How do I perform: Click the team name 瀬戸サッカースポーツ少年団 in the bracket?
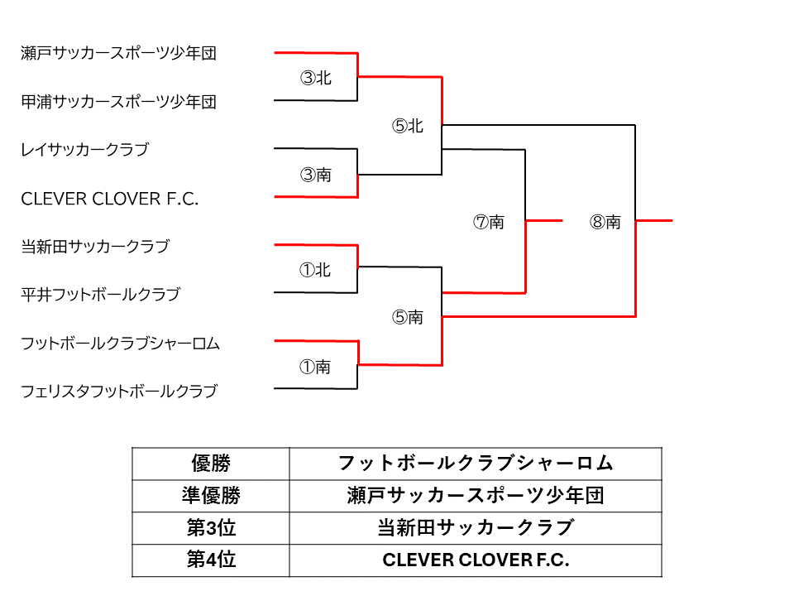tap(118, 54)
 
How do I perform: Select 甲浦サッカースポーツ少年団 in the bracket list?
tap(118, 102)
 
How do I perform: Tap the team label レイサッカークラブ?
tap(84, 150)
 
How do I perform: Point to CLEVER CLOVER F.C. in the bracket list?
tap(110, 199)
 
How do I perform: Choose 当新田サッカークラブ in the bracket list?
tap(94, 247)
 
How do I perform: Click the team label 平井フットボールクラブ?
tap(100, 295)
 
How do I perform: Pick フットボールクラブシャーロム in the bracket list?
tap(120, 344)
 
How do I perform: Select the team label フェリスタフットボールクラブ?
tap(118, 392)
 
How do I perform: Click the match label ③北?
tap(315, 78)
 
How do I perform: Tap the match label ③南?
tap(315, 175)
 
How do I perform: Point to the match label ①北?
tap(315, 270)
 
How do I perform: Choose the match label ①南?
tap(315, 367)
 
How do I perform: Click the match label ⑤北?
tap(407, 126)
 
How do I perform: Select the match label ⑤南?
tap(407, 317)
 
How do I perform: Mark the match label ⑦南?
tap(488, 222)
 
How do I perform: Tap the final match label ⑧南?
tap(605, 222)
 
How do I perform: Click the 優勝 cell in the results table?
tap(211, 464)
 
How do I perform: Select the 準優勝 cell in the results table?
tap(211, 496)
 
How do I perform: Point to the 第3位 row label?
tap(211, 528)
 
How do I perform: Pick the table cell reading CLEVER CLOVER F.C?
tap(476, 560)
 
